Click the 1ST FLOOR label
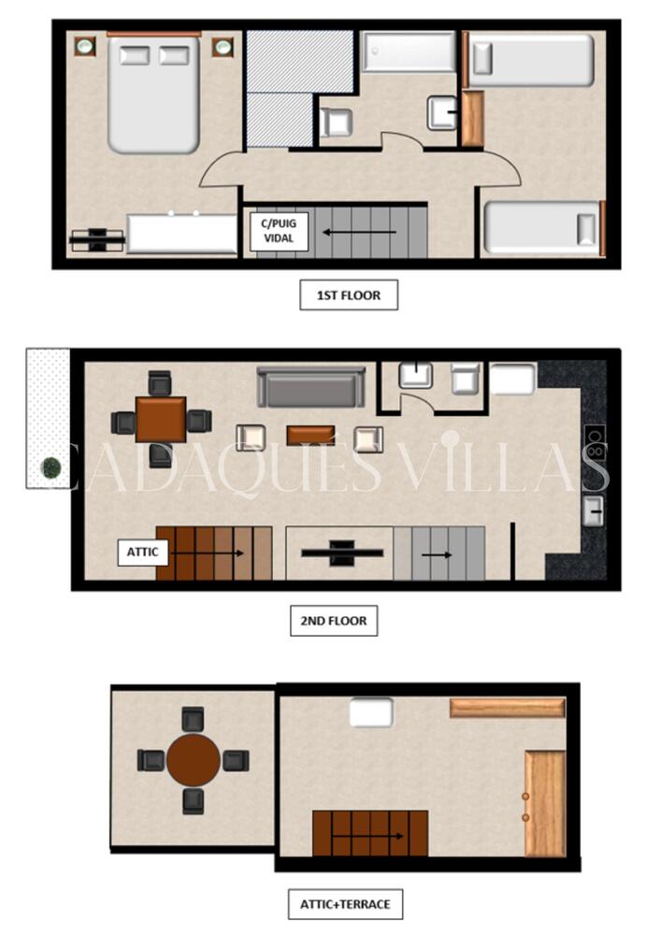348,295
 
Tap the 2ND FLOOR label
334,621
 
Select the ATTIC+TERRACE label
345,904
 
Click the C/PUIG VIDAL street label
279,231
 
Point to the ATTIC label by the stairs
142,553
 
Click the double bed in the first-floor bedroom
153,93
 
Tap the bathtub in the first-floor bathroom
409,51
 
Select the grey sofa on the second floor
310,387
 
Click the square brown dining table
161,419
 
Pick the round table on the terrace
194,760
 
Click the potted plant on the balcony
51,467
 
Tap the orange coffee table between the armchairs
310,436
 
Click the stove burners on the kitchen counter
594,442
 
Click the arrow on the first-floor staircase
359,232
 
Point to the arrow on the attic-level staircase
368,836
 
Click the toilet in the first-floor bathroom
336,122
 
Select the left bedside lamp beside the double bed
85,45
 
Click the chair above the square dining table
160,382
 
